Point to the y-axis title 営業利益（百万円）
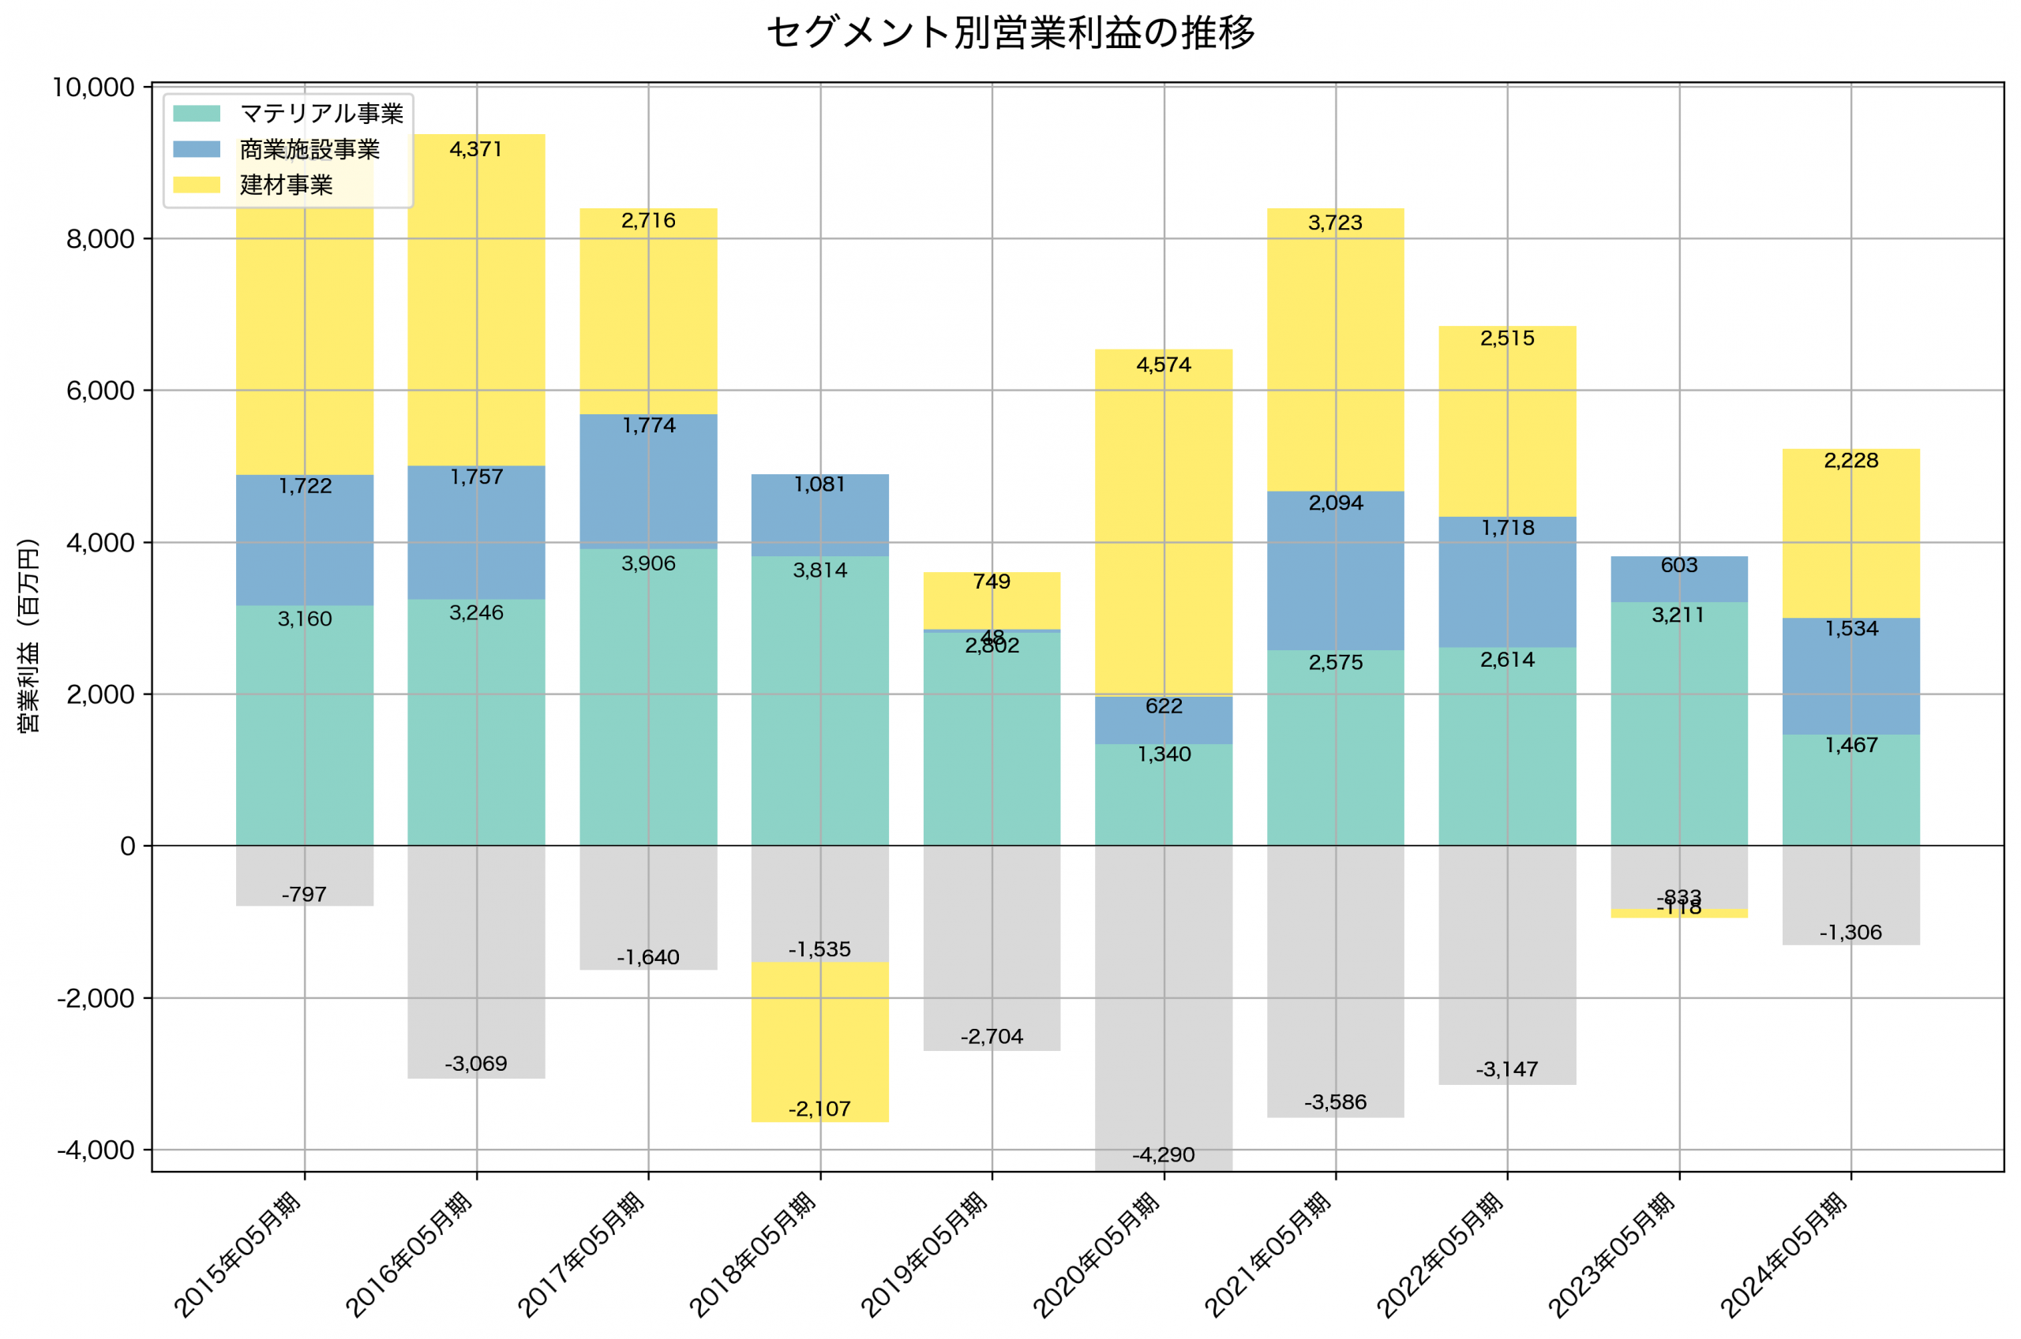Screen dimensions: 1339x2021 28,636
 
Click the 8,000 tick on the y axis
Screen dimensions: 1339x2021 100,239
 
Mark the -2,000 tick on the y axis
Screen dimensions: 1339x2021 95,998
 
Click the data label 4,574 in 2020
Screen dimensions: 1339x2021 1164,365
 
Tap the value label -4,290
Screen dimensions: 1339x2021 1164,1155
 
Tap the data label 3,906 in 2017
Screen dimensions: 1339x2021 648,563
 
